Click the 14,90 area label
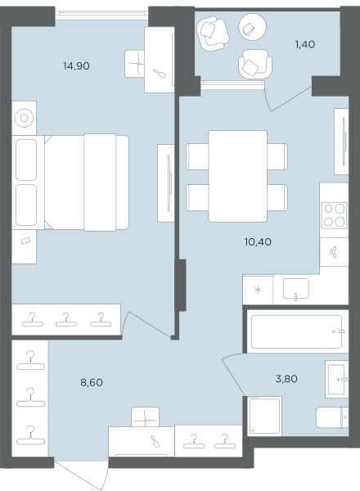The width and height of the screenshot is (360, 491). click(x=76, y=66)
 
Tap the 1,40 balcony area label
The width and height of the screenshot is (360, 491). click(x=305, y=44)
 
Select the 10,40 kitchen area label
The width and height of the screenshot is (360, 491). click(x=258, y=241)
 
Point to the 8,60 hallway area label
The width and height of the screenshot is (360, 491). click(x=92, y=382)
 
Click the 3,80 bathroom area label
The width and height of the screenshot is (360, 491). click(x=286, y=379)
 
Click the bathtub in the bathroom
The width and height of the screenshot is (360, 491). click(x=296, y=331)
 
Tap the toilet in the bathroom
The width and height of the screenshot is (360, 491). click(x=332, y=417)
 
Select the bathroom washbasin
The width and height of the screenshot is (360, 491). click(x=336, y=379)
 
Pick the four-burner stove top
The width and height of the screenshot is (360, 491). click(x=335, y=215)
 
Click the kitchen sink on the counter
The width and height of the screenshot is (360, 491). click(x=296, y=289)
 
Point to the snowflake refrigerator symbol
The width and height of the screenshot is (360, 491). click(x=258, y=290)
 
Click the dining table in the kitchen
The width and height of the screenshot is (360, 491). click(x=238, y=176)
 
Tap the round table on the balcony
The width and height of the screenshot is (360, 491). click(x=253, y=27)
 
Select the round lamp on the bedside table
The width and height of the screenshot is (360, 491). click(x=24, y=118)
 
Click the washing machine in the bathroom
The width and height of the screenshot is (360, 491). click(x=264, y=417)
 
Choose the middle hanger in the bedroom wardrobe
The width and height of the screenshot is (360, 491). click(x=66, y=320)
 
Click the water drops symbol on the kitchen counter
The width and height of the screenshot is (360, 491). click(x=333, y=252)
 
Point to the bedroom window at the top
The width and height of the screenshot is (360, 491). click(x=101, y=13)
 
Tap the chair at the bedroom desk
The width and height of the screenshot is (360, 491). click(x=135, y=64)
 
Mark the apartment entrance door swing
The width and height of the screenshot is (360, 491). click(x=81, y=474)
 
